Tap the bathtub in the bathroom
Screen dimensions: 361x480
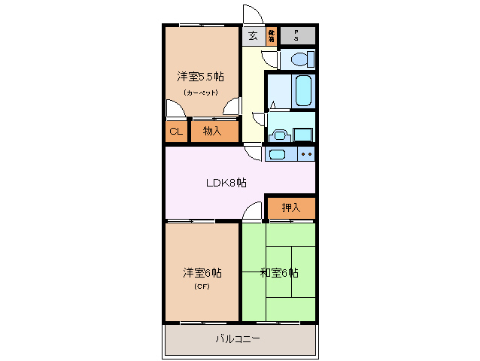coord(303,90)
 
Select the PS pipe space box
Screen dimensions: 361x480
coord(297,35)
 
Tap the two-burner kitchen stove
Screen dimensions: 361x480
coord(306,154)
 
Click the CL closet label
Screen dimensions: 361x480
coord(175,132)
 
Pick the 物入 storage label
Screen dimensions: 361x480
coord(211,132)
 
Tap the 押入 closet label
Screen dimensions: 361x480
coord(290,208)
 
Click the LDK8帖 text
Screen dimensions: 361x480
coord(227,183)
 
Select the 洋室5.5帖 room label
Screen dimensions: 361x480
coord(199,77)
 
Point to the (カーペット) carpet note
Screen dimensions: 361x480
coord(200,93)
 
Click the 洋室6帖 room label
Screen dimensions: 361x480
coord(201,272)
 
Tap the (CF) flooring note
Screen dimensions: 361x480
coord(201,287)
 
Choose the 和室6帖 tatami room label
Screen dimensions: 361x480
coord(279,272)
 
